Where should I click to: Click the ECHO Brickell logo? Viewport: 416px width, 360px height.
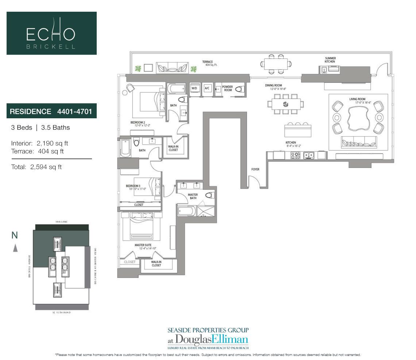pos(51,33)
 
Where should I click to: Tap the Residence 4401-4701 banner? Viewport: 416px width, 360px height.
pos(51,111)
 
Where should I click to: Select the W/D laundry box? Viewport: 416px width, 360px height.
pos(194,89)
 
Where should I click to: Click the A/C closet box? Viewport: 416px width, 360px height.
pos(207,89)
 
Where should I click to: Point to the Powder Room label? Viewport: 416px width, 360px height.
pos(227,88)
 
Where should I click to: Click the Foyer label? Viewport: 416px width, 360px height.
pos(255,169)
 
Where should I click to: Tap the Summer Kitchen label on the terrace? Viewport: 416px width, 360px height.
pos(330,60)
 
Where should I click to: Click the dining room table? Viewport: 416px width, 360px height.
pos(286,104)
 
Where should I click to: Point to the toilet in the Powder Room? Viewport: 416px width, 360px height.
pos(240,89)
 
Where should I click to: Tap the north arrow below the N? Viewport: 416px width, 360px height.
pos(15,248)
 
